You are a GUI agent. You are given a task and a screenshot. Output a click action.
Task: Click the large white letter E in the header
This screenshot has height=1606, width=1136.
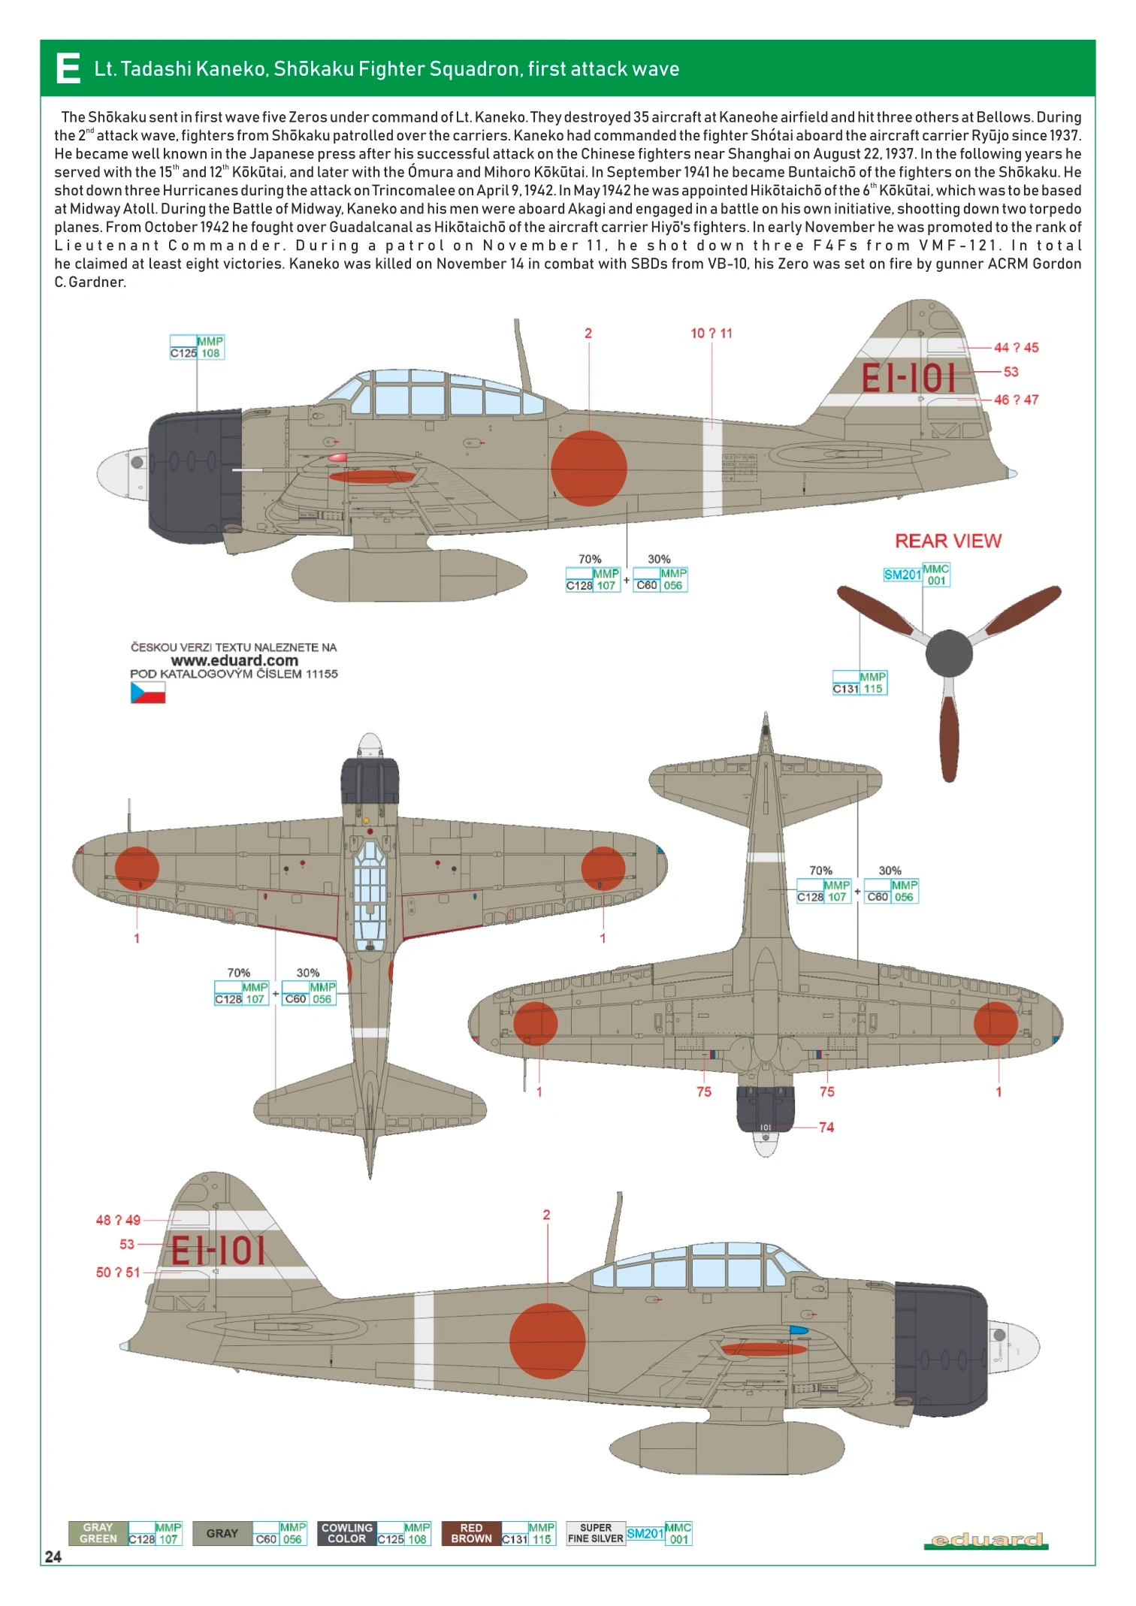tap(68, 69)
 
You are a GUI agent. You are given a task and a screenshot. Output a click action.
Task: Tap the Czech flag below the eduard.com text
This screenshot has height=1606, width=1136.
tap(148, 692)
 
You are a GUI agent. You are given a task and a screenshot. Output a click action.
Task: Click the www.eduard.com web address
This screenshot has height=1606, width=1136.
tap(234, 660)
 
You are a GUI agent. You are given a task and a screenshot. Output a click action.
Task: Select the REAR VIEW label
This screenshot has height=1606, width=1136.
tap(947, 541)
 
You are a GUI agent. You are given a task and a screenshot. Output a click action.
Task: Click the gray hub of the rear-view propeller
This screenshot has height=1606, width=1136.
tap(949, 654)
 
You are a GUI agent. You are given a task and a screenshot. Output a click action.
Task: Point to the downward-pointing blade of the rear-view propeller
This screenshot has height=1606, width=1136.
tap(949, 740)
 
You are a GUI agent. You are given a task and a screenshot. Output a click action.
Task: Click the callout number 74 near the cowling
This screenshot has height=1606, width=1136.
tap(826, 1127)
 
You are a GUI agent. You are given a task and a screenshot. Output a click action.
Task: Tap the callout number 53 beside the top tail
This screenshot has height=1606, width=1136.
tap(1011, 372)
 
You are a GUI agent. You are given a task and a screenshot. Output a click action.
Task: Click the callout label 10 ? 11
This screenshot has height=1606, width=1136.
tap(711, 334)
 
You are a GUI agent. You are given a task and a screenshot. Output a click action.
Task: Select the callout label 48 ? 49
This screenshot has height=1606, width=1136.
tap(118, 1220)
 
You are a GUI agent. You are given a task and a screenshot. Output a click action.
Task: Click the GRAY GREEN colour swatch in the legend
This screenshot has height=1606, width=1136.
tap(98, 1533)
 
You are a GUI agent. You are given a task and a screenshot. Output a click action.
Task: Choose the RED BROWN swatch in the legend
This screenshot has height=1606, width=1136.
tap(471, 1533)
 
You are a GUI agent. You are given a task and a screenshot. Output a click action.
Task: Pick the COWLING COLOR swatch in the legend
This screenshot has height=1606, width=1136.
tap(346, 1533)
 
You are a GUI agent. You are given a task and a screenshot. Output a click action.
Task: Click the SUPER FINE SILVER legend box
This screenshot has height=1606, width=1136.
tap(595, 1533)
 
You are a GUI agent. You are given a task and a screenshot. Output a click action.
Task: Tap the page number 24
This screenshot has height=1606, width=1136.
tap(53, 1556)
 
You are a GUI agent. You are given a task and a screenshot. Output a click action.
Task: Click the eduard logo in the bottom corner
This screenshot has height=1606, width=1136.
tap(986, 1541)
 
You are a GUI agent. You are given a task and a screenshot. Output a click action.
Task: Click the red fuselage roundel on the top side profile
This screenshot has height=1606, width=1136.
tap(588, 468)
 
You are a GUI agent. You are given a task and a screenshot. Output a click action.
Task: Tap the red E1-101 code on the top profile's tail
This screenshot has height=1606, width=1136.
tap(908, 378)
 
